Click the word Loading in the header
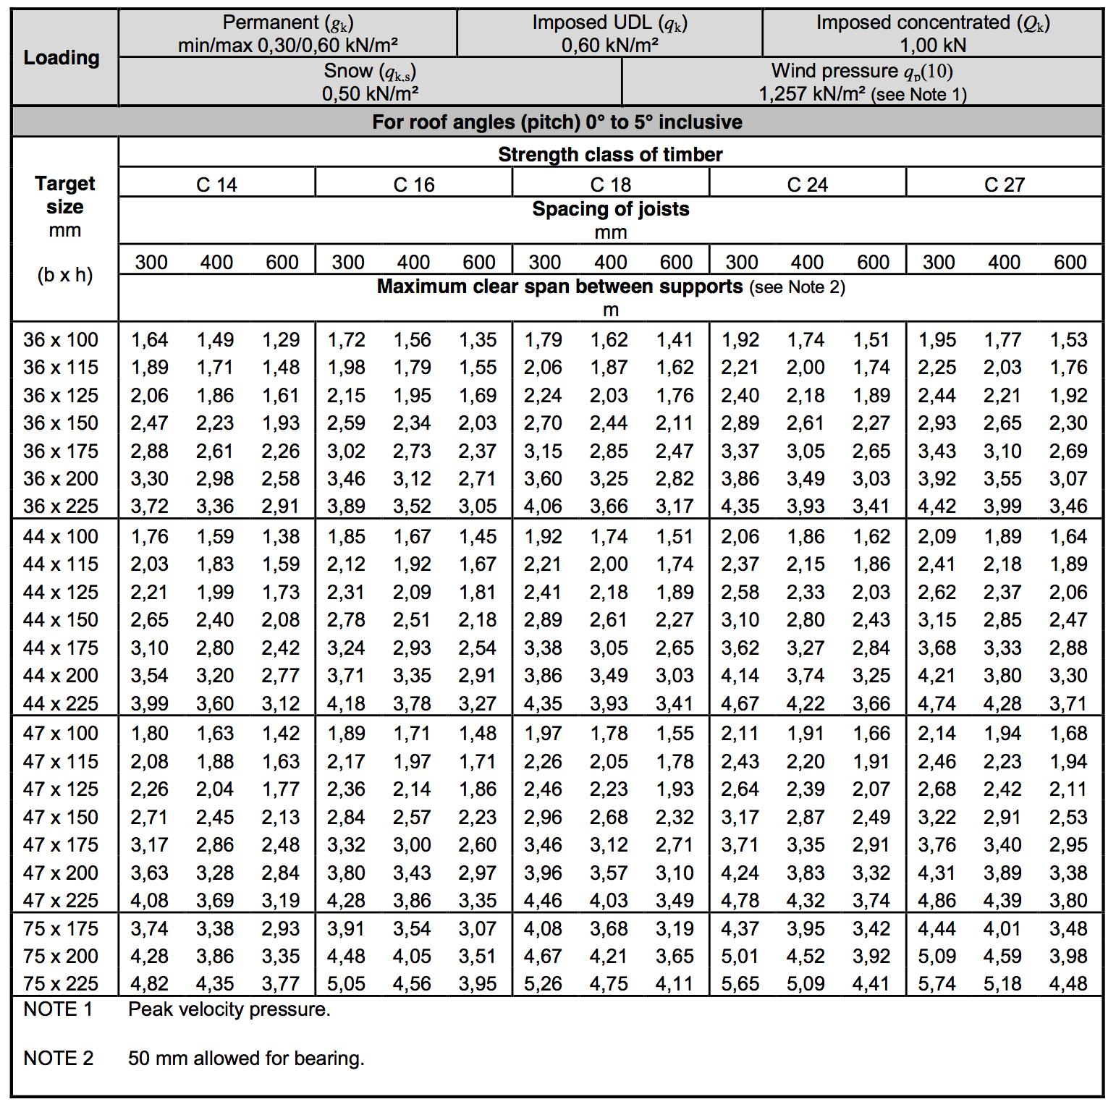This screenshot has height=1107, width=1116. (x=62, y=57)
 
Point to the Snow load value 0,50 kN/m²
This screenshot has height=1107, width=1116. (x=370, y=94)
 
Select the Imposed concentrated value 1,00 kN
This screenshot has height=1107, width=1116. (x=932, y=46)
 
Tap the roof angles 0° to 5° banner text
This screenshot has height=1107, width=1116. (x=557, y=122)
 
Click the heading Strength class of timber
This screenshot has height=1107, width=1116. (x=610, y=154)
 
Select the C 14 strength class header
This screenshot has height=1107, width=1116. (x=216, y=184)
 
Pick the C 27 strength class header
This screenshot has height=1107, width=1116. (x=1004, y=184)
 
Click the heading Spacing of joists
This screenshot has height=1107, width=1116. (x=610, y=209)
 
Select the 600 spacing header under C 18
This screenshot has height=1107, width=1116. (x=676, y=262)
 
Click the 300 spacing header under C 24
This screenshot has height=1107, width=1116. (x=741, y=262)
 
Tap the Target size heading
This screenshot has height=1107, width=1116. (x=64, y=195)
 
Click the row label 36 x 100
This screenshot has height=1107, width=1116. (x=61, y=339)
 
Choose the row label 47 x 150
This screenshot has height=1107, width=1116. (x=61, y=817)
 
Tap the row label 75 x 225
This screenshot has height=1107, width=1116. (x=61, y=984)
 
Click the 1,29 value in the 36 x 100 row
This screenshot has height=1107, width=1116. (x=281, y=339)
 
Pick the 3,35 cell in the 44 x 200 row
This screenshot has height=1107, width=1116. (x=412, y=675)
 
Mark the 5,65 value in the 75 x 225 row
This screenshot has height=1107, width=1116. (x=740, y=984)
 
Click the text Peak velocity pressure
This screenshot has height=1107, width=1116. (x=229, y=1009)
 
